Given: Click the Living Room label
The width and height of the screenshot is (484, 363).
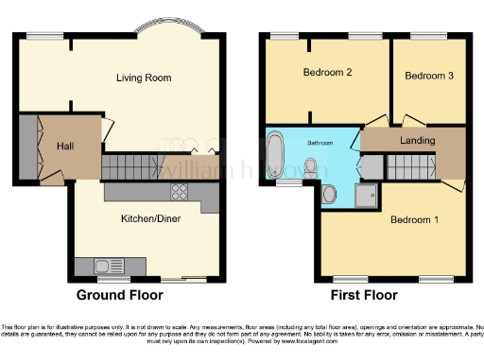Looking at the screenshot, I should coord(149,78).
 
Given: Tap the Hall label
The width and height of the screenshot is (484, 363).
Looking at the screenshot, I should coord(65,147).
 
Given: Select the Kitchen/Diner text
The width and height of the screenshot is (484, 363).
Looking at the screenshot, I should coord(151,218).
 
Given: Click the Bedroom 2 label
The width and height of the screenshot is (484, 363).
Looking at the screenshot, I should coord(327,72).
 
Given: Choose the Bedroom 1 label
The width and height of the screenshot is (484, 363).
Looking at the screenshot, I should coord(416,220).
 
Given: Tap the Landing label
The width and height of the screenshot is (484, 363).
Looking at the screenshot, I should coord(417,141).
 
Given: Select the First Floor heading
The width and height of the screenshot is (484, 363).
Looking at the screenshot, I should coord(366,295).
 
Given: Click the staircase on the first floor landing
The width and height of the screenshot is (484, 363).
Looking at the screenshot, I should coord(409,166).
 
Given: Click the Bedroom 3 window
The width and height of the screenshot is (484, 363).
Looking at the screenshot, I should coord(433,35).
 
